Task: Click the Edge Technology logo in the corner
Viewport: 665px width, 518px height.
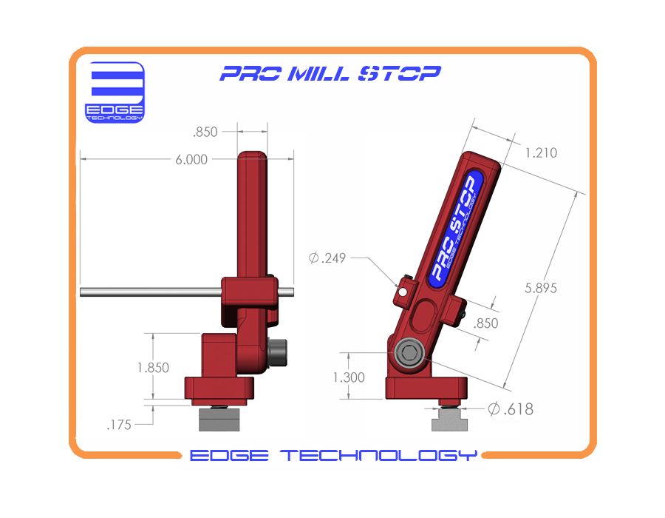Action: (x=116, y=92)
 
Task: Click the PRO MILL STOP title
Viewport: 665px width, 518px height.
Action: (x=330, y=73)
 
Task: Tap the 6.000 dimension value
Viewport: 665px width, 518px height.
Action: (x=191, y=159)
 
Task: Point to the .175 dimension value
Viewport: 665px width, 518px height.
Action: (x=119, y=425)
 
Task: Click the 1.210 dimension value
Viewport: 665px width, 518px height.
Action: (x=541, y=153)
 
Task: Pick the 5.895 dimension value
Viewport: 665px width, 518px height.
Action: (x=541, y=287)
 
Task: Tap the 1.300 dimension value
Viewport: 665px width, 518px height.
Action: (x=349, y=377)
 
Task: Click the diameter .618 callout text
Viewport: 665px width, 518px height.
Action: (x=510, y=408)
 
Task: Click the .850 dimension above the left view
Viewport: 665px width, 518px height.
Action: (x=205, y=132)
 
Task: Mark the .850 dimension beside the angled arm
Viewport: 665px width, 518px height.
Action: (x=485, y=323)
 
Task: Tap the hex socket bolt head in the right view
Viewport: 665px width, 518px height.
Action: (x=408, y=354)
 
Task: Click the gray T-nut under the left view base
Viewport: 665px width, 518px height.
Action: (x=219, y=421)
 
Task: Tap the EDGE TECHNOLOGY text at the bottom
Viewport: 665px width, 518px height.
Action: (x=332, y=455)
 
